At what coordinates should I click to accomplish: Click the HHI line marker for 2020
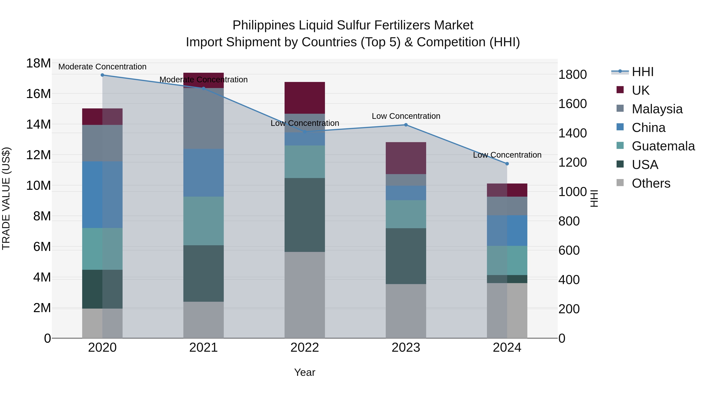tap(102, 75)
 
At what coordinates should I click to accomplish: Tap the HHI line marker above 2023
tap(406, 125)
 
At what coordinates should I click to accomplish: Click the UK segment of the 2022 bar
tap(305, 98)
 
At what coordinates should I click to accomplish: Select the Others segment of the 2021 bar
tap(203, 320)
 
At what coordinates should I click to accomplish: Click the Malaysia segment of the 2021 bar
tap(203, 118)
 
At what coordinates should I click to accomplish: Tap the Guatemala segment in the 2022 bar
tap(305, 162)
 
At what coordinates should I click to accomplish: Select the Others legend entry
tap(651, 183)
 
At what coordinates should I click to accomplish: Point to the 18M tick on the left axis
tap(38, 63)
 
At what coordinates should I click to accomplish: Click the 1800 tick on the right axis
tap(572, 74)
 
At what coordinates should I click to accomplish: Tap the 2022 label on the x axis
tap(305, 348)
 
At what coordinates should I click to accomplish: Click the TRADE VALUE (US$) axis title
tap(6, 198)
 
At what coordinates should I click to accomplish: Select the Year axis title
tap(305, 372)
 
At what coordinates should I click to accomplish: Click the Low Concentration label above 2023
tap(406, 116)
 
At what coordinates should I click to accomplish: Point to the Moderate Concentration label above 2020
tap(102, 67)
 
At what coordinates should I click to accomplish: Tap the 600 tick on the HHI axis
tap(569, 250)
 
